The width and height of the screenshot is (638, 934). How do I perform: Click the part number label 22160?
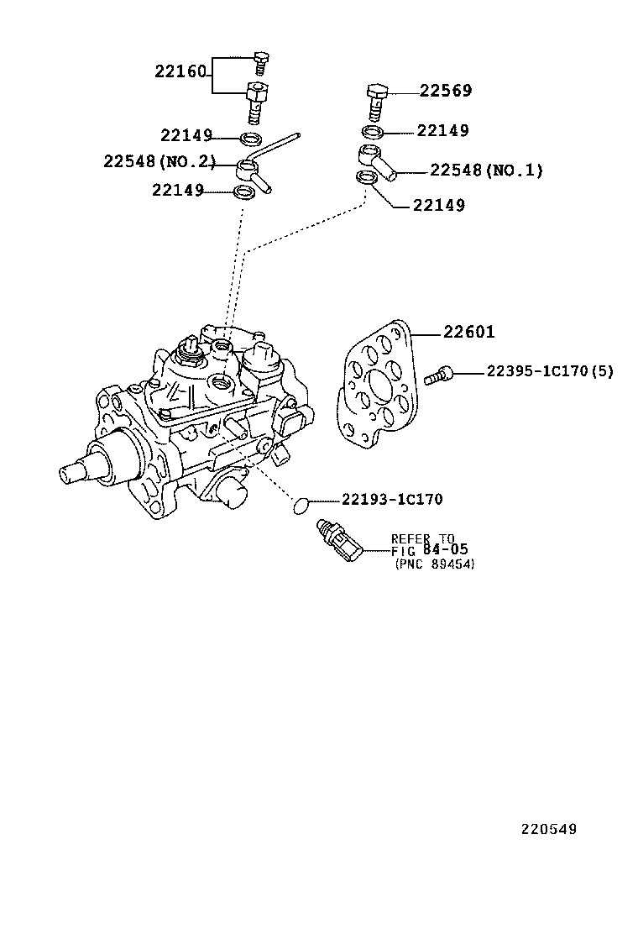pyautogui.click(x=180, y=71)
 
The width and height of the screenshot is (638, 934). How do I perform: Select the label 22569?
pyautogui.click(x=445, y=91)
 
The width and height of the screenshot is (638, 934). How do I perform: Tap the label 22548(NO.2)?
pyautogui.click(x=159, y=160)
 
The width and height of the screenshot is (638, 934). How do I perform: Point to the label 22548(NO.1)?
pyautogui.click(x=486, y=171)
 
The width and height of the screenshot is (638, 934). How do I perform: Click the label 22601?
pyautogui.click(x=468, y=332)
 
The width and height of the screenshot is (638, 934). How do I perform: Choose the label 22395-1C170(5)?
pyautogui.click(x=550, y=371)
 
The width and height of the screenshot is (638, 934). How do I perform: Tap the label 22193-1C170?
pyautogui.click(x=392, y=499)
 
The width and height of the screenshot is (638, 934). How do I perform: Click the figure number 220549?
pyautogui.click(x=549, y=828)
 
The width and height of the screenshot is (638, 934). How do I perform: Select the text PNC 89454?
pyautogui.click(x=435, y=564)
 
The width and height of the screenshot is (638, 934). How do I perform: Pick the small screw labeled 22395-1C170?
pyautogui.click(x=439, y=375)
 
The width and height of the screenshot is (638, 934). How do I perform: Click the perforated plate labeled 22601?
pyautogui.click(x=379, y=384)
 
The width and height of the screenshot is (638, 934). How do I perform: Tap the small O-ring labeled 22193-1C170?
pyautogui.click(x=301, y=506)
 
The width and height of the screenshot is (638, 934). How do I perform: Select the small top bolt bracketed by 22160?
pyautogui.click(x=259, y=62)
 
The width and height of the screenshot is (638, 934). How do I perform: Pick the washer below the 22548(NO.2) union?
pyautogui.click(x=243, y=192)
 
